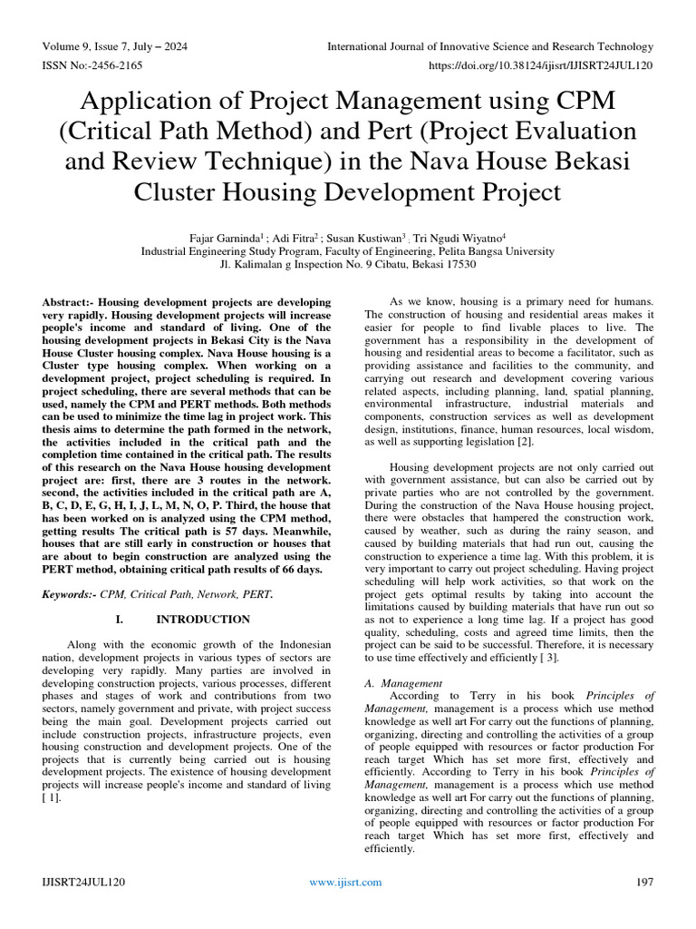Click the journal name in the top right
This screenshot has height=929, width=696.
coord(489,46)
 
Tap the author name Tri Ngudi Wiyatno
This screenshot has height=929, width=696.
coord(459,238)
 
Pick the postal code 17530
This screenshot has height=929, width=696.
coord(459,265)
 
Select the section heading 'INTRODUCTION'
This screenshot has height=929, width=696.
coord(204,620)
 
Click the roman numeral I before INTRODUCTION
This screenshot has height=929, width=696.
coord(119,620)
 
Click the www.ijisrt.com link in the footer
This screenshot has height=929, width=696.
coord(345,882)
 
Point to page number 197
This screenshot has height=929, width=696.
coord(645,882)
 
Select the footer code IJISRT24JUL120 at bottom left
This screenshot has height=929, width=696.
coord(83,882)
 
